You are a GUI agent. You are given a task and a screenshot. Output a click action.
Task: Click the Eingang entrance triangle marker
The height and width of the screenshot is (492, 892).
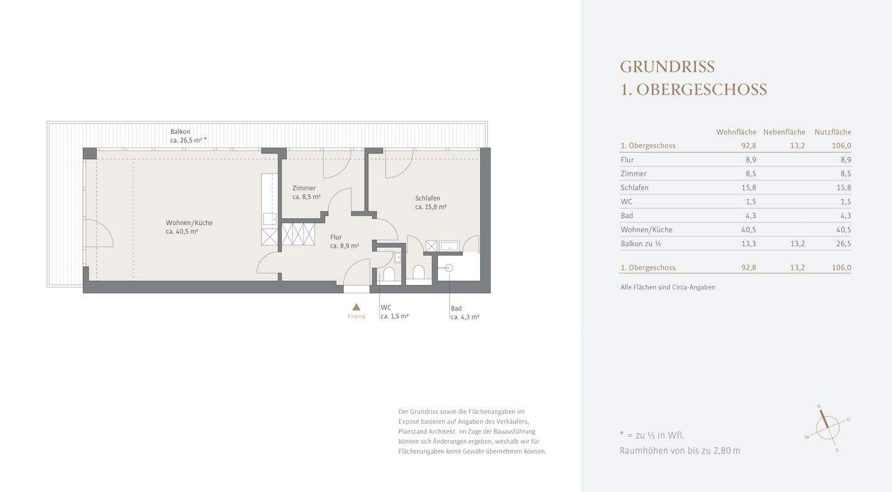(x=356, y=307)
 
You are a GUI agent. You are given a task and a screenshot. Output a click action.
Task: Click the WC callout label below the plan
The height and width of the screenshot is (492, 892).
(x=386, y=307)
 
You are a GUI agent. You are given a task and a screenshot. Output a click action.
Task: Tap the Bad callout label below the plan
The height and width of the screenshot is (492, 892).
(x=456, y=309)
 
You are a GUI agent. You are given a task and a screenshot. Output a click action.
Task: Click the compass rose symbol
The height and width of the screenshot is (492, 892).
(x=827, y=427)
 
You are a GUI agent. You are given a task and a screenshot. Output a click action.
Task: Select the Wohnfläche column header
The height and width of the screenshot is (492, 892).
(x=736, y=132)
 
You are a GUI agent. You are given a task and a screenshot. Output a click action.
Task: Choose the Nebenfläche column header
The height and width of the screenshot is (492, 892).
(x=784, y=132)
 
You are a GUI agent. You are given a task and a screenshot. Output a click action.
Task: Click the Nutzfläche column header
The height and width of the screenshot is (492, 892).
(x=833, y=132)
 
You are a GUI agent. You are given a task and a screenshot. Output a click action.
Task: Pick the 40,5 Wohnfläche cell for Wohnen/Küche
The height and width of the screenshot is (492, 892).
(x=749, y=230)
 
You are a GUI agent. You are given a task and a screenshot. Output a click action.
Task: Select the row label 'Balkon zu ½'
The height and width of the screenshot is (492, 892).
(x=641, y=244)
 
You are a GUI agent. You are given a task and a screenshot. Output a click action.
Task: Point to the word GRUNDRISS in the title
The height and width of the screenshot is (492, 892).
(x=667, y=67)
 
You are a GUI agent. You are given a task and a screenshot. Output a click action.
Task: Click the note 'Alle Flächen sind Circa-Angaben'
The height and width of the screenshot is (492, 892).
(x=668, y=288)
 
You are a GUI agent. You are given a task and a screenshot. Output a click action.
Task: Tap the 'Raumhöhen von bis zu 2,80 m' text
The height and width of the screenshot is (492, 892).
(x=680, y=451)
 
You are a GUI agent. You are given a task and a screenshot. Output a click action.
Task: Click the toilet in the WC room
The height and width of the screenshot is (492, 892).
(x=390, y=274)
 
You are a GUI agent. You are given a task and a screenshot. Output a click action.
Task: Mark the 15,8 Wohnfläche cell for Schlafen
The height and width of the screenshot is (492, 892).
(x=749, y=188)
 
